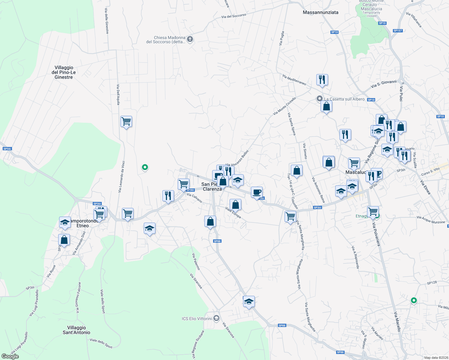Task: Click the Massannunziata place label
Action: (x=321, y=12)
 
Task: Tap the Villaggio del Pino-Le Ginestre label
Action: (x=64, y=72)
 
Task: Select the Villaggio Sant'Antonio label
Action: (x=76, y=330)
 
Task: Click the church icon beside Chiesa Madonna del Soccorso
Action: (x=190, y=39)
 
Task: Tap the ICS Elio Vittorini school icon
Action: (x=216, y=318)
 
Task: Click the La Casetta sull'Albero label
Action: (x=344, y=99)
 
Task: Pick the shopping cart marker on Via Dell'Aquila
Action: (x=126, y=122)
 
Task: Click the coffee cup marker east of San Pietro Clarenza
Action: (x=257, y=192)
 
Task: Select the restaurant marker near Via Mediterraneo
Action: (x=322, y=80)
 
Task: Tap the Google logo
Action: (x=10, y=356)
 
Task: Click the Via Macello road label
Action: (x=397, y=322)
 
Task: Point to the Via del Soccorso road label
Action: (x=234, y=16)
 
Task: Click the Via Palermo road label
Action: (x=196, y=261)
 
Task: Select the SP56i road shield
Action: (x=7, y=149)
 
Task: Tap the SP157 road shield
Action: (x=398, y=31)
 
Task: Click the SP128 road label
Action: (x=432, y=283)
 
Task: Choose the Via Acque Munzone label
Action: (x=431, y=220)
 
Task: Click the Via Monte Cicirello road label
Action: (x=285, y=106)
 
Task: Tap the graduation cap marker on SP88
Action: (x=249, y=301)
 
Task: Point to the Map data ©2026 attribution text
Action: (x=435, y=357)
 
